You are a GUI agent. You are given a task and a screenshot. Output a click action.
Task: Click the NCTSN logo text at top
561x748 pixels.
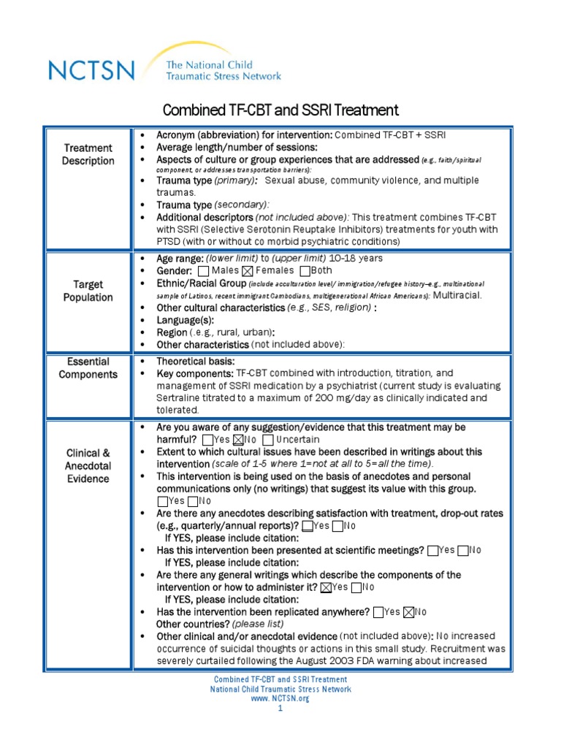coord(91,71)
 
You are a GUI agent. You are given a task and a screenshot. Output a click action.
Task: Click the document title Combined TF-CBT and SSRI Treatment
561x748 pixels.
coord(280,110)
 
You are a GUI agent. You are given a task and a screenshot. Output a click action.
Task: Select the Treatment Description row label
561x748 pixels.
coord(88,154)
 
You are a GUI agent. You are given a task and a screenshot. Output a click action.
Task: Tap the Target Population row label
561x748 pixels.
coord(88,291)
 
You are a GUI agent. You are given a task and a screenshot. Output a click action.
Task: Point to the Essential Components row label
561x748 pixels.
coord(88,368)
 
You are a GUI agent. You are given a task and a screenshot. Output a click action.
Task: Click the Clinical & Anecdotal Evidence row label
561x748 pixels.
coord(88,465)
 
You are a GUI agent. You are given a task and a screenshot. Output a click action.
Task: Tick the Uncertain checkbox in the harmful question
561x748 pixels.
coord(268,440)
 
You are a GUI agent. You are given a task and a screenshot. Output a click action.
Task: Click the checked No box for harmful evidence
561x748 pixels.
coord(237,440)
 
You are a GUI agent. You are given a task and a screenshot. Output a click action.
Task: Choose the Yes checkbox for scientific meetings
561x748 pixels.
coord(434,550)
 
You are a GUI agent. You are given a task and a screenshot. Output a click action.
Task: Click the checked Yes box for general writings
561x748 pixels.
coord(326,587)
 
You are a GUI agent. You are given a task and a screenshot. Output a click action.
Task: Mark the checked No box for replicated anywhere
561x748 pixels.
coord(409,612)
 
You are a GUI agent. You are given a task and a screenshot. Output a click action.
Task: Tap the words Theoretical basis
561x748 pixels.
coord(195,362)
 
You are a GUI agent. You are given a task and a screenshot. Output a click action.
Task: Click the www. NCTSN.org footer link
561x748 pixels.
coord(280,698)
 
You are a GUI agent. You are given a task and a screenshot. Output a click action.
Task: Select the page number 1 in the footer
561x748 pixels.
coord(280,708)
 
